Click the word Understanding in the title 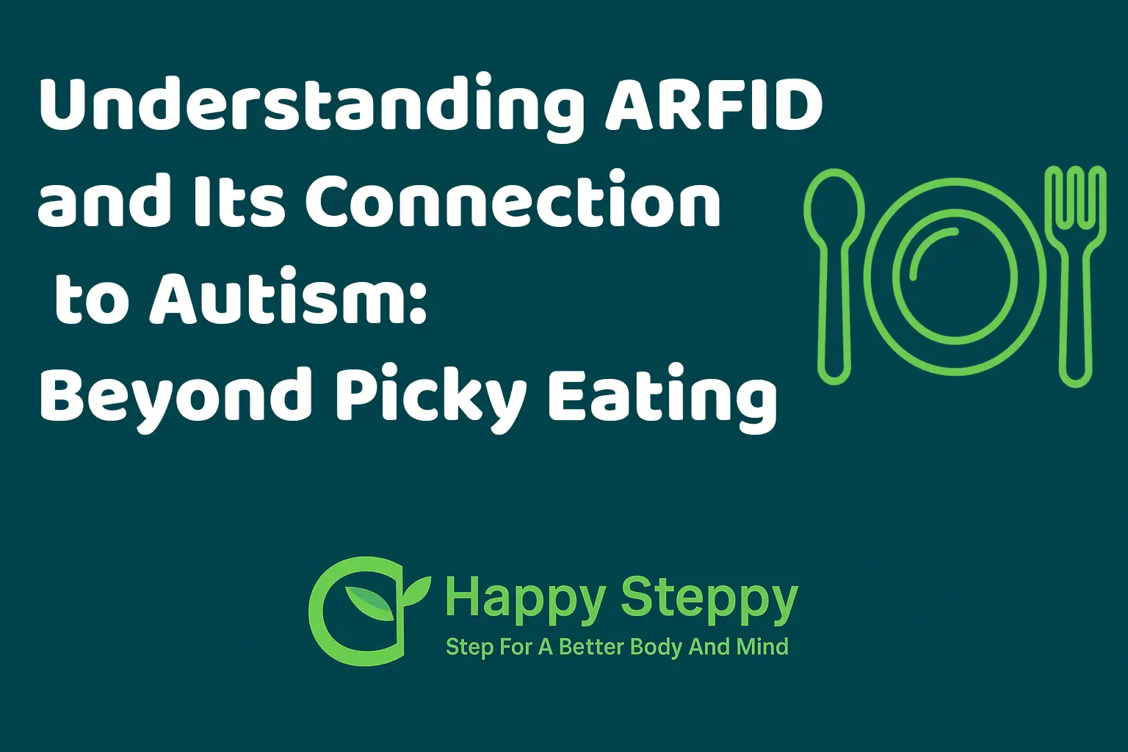click(x=312, y=107)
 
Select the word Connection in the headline click(x=513, y=201)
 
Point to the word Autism click(x=278, y=298)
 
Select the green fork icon click(x=1076, y=277)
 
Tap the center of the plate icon click(x=955, y=277)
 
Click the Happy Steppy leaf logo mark click(x=370, y=611)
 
